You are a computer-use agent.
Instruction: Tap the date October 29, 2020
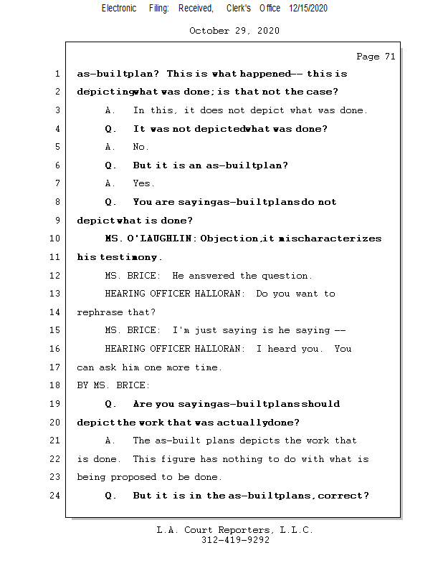[x=234, y=31]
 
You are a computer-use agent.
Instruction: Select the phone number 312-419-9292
[x=235, y=540]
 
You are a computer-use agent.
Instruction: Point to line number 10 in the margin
[x=57, y=239]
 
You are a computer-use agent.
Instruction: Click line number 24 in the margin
[x=57, y=496]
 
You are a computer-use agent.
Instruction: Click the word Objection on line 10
[x=229, y=239]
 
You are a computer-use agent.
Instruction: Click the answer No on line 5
[x=140, y=147]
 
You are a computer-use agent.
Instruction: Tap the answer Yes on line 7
[x=143, y=183]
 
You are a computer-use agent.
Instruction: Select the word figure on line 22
[x=178, y=459]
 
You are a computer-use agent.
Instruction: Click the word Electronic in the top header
[x=119, y=9]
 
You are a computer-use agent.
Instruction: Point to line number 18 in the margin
[x=57, y=385]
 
